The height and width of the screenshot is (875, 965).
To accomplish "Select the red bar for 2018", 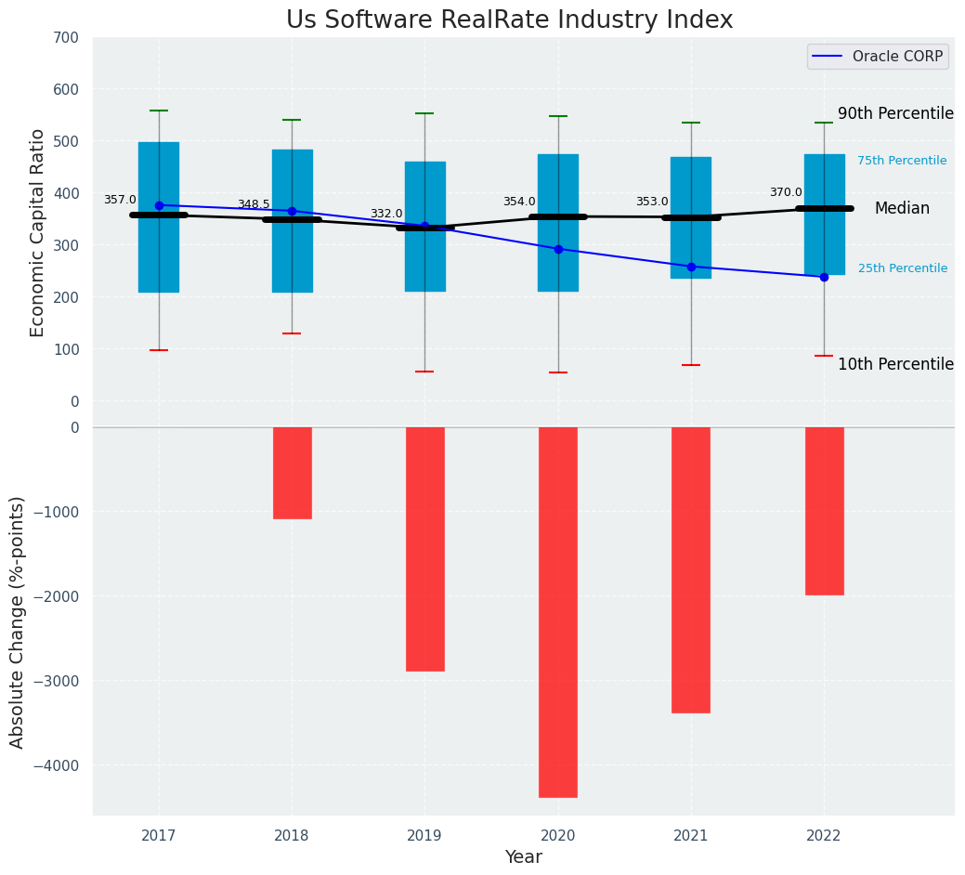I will [292, 473].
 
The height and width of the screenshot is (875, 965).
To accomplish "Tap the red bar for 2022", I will [824, 511].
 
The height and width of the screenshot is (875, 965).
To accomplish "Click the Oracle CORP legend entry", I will [878, 57].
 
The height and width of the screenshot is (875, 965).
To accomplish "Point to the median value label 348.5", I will [254, 204].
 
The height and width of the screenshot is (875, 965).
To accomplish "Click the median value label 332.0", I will [386, 214].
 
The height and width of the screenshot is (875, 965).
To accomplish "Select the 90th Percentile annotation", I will [895, 113].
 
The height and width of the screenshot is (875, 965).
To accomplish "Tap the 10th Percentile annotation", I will [895, 364].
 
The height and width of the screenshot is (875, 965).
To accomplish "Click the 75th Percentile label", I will [902, 161].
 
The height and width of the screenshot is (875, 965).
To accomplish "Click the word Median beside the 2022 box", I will [902, 209].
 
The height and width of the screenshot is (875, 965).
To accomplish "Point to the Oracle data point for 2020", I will [558, 249].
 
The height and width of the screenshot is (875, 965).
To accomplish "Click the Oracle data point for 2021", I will [691, 267].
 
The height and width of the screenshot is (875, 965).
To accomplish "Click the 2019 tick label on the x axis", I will [424, 836].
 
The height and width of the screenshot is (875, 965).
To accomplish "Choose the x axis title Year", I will [524, 857].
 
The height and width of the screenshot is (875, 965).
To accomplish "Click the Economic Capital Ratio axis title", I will [38, 232].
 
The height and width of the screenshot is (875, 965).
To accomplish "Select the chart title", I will [509, 20].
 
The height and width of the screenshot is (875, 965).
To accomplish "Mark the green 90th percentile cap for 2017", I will [159, 111].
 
